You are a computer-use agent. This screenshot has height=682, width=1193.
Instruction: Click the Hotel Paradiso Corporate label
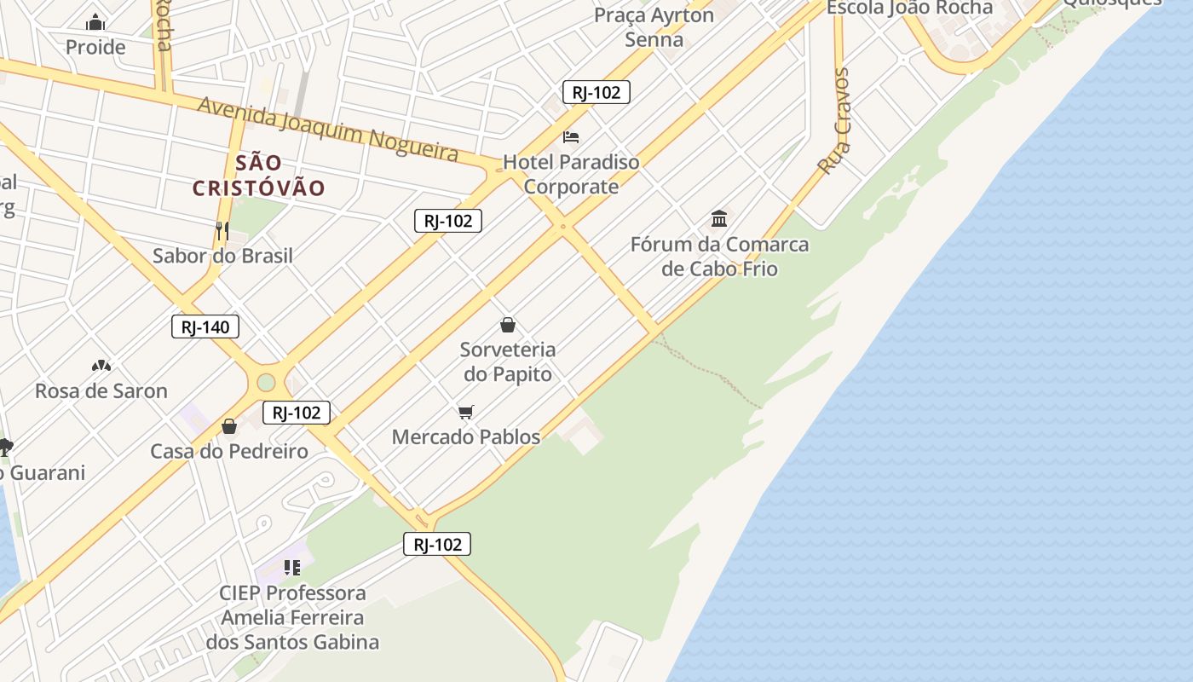click(x=571, y=174)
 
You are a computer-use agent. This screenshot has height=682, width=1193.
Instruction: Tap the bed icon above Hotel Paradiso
click(x=571, y=136)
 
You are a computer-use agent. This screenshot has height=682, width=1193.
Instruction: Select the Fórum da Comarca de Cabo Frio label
click(x=720, y=257)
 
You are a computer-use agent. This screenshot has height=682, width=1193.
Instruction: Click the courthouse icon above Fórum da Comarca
click(x=719, y=219)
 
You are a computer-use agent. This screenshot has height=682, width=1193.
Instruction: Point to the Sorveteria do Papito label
click(x=508, y=361)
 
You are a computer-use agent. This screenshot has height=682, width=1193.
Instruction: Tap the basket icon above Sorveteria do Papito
click(x=508, y=325)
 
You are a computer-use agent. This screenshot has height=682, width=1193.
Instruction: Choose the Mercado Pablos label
click(x=466, y=437)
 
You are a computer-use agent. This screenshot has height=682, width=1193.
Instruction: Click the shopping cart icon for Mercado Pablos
click(x=465, y=413)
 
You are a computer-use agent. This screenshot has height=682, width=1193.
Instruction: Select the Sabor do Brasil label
click(x=222, y=256)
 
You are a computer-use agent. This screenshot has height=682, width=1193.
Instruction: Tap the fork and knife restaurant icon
click(x=222, y=230)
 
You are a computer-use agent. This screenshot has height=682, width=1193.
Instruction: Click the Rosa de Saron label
click(x=101, y=391)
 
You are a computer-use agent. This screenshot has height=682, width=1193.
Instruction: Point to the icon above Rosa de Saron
click(x=101, y=366)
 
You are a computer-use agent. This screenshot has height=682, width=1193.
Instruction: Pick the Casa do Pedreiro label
click(x=229, y=451)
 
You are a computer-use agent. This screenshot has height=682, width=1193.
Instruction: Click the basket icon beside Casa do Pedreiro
click(x=229, y=426)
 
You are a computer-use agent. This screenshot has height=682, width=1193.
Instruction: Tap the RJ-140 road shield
click(x=205, y=327)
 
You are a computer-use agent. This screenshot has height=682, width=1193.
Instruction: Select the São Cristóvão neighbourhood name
click(x=259, y=175)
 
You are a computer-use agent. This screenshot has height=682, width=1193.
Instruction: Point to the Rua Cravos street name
click(x=834, y=121)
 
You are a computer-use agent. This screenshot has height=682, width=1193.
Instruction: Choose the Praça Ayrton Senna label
click(x=654, y=27)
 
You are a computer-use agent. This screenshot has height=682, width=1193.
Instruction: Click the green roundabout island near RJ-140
click(x=267, y=382)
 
